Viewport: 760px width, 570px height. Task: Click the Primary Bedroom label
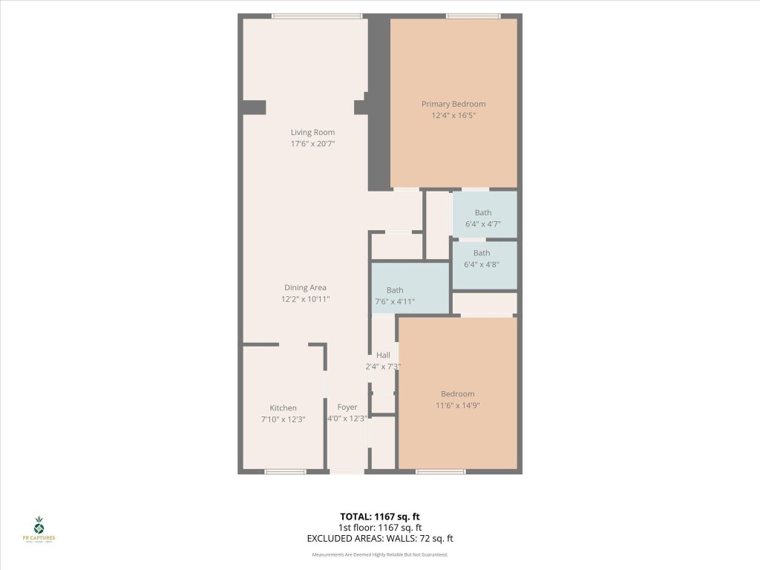[453, 104]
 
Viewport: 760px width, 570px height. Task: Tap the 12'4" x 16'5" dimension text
[453, 115]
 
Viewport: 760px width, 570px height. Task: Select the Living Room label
[312, 132]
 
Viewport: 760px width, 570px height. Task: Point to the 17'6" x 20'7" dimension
[312, 143]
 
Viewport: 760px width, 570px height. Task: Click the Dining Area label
[305, 287]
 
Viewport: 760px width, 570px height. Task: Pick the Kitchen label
[283, 407]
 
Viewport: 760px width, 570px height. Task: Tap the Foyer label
[347, 407]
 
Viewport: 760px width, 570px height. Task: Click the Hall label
[383, 355]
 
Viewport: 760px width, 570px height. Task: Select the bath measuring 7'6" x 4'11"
[395, 295]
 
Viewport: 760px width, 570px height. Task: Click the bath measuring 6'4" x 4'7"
[483, 217]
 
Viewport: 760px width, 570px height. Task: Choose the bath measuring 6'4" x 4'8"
[482, 258]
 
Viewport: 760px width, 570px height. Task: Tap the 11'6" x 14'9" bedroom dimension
[457, 404]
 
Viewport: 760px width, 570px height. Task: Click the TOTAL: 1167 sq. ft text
[379, 516]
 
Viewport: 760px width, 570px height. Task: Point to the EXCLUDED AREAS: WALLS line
[379, 538]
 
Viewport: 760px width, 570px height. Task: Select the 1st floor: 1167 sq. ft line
[379, 527]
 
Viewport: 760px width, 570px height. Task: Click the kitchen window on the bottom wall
[286, 471]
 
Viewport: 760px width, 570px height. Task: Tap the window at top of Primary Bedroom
[473, 16]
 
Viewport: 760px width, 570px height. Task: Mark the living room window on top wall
[316, 16]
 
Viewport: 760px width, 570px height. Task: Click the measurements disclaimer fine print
[379, 554]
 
